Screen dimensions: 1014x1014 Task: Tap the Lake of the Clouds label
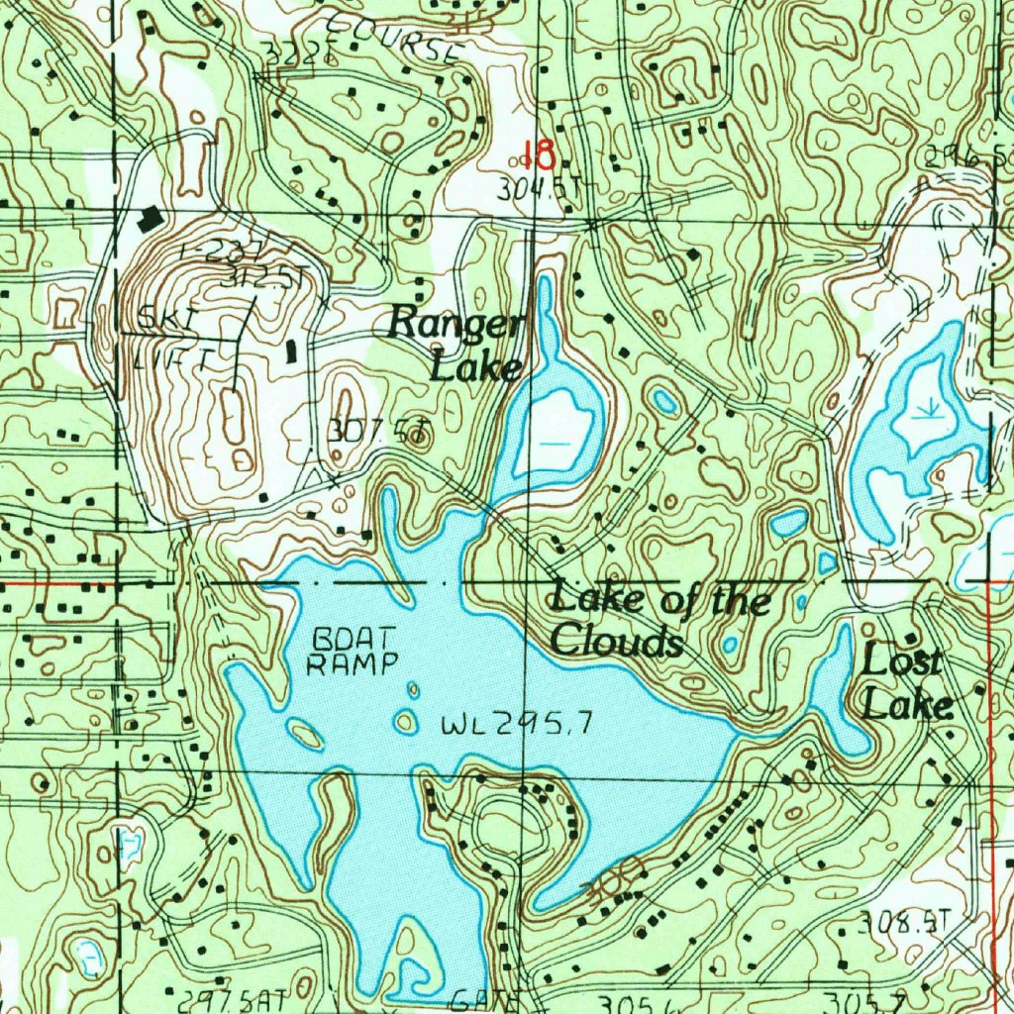point(659,621)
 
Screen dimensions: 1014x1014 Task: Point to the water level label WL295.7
point(517,726)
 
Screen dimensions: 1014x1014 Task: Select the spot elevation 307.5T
point(378,432)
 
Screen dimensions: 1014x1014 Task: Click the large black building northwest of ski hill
point(150,219)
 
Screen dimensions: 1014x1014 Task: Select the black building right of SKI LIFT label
point(291,351)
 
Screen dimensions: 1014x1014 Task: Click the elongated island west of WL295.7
point(305,734)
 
